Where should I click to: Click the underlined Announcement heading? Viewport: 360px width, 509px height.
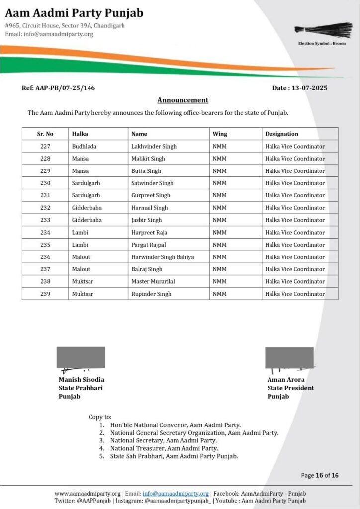click(x=182, y=100)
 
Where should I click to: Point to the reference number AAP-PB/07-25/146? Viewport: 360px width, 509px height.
click(x=58, y=88)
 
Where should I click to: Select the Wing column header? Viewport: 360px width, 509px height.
click(x=220, y=134)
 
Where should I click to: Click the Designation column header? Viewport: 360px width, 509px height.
click(x=281, y=134)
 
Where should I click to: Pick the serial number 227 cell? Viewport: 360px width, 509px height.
click(x=45, y=146)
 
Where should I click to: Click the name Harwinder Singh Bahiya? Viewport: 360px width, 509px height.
click(x=163, y=257)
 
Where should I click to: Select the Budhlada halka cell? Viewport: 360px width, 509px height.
click(x=86, y=146)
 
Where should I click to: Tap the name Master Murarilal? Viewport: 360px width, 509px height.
click(x=153, y=281)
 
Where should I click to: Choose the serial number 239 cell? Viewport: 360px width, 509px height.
click(x=45, y=294)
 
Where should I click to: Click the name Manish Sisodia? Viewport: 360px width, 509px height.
click(x=82, y=380)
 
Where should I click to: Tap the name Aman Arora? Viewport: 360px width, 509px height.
click(x=286, y=380)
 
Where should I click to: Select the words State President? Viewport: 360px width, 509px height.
click(x=290, y=388)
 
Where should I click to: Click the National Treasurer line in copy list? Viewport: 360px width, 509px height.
click(x=164, y=448)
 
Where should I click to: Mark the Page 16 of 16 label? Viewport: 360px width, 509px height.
click(x=320, y=475)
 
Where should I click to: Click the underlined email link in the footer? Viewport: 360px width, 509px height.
click(x=176, y=493)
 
